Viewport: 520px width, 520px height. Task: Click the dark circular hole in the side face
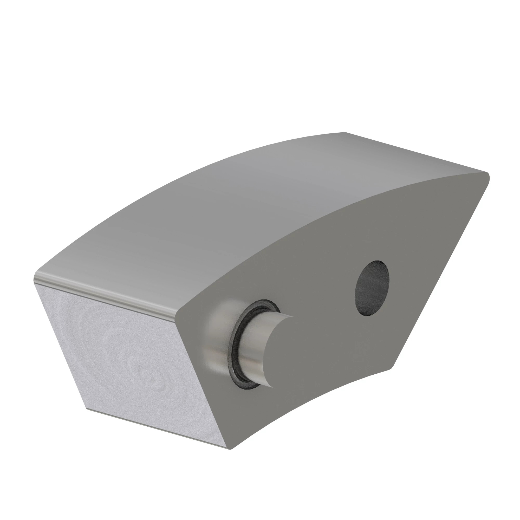tap(372, 288)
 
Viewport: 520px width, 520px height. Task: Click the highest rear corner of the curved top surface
tap(344, 132)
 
